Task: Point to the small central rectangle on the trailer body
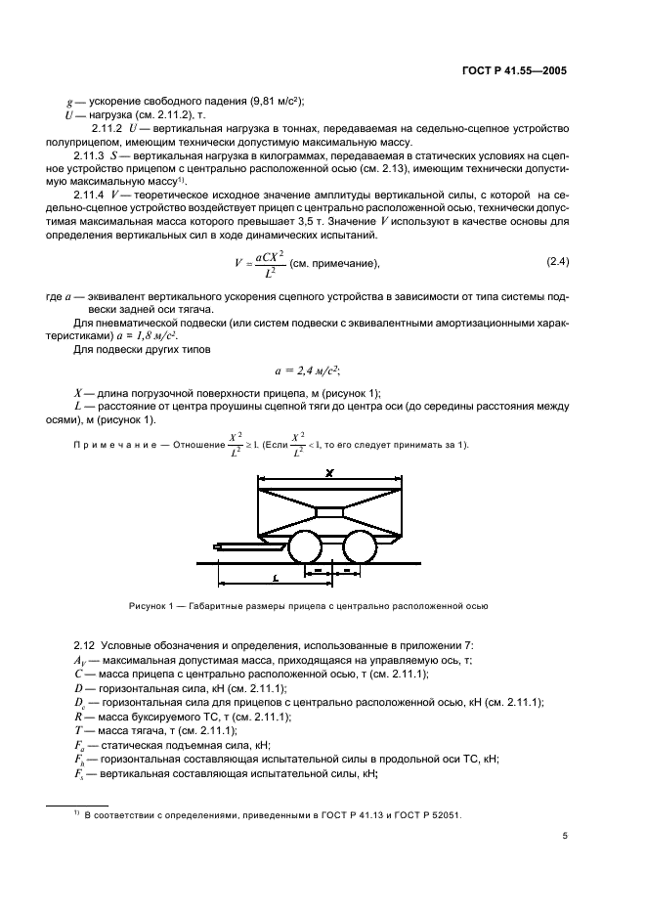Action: click(331, 511)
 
